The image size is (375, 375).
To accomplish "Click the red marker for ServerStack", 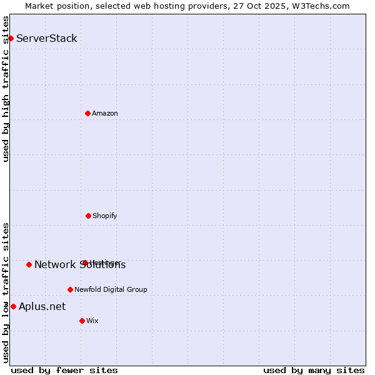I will coord(11,38).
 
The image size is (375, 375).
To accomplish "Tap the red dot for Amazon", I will coord(87,113).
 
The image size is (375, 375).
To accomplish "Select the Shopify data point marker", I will coord(88,216).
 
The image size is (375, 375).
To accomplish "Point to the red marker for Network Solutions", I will coord(29,264).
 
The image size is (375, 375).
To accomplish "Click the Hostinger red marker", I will coord(85,262).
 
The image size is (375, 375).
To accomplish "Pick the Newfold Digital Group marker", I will coord(70,289).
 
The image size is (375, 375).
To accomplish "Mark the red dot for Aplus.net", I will coord(13,306).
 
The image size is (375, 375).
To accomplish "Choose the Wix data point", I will coord(82,321).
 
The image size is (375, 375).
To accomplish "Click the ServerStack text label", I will coord(47,38).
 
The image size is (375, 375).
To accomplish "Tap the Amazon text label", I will coord(105,113).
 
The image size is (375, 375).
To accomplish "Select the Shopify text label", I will coord(105,216).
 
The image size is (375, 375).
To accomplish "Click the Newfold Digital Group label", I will coord(111,289).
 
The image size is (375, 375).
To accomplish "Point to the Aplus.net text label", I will coord(42,306).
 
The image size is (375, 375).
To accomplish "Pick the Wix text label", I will coord(92,321).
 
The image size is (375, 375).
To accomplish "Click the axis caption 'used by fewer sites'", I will coord(64,370).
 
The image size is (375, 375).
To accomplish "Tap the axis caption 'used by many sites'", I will coord(314,370).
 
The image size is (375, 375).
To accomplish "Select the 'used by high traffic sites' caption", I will coord(6,89).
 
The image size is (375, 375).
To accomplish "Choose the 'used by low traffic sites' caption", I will coord(6,292).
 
